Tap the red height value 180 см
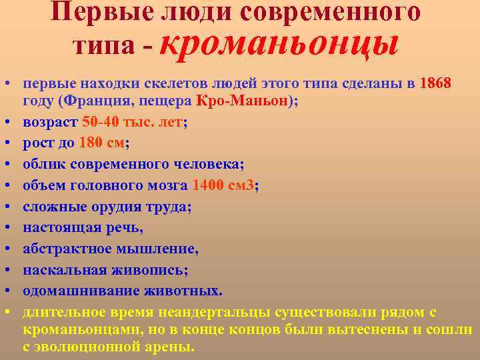coord(100,142)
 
